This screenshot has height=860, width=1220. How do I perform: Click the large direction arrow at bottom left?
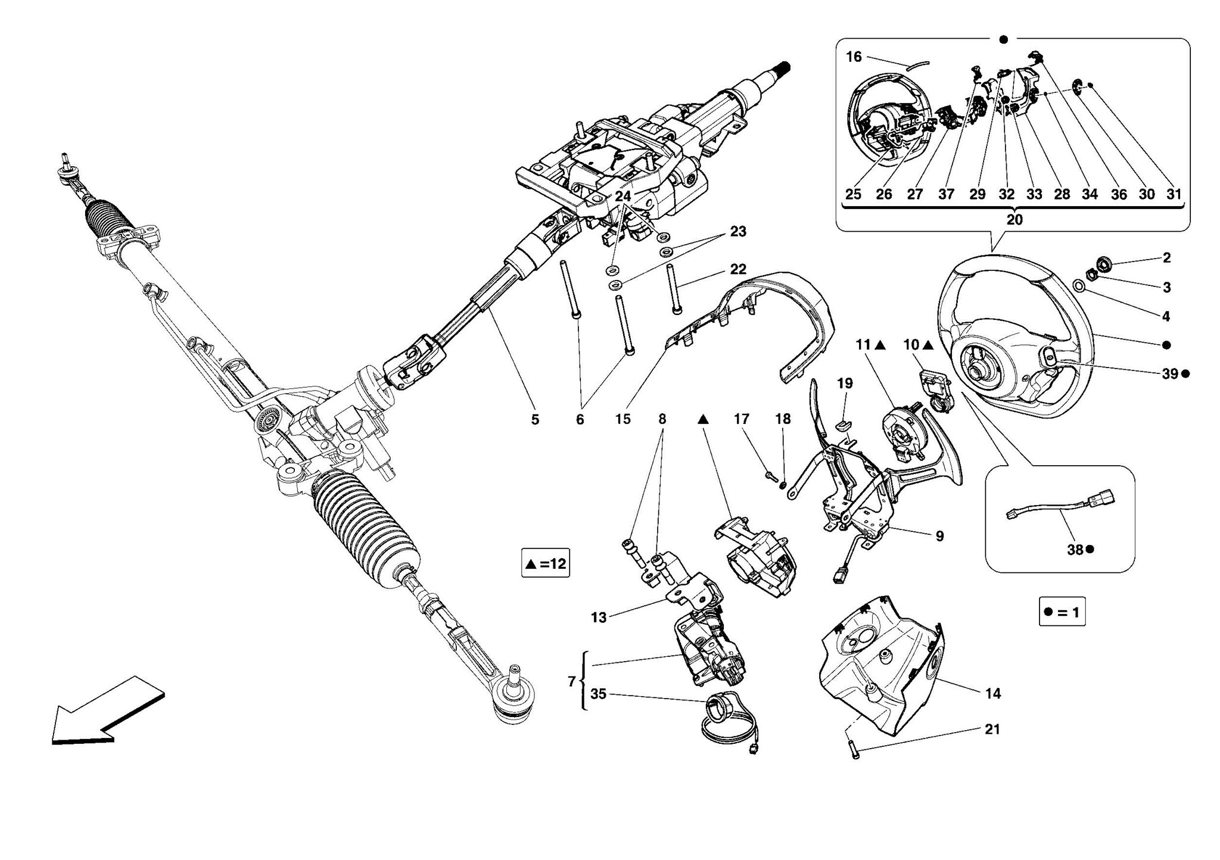104,712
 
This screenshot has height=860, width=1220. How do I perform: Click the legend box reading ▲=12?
545,563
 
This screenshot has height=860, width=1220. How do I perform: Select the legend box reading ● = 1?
1062,612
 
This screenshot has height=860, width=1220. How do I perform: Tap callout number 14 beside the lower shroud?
993,693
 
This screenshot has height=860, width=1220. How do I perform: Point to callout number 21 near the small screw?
992,729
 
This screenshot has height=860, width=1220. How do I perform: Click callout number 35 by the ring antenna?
598,694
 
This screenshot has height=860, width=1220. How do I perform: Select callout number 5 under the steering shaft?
535,419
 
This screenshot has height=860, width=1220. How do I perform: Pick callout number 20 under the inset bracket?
1014,220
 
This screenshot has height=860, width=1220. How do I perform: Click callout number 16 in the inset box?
853,57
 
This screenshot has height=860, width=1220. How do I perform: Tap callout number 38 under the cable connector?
1075,550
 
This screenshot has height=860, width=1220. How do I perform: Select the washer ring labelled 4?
1079,286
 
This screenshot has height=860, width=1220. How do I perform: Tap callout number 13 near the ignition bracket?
598,618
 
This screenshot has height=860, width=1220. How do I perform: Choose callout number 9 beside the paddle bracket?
939,536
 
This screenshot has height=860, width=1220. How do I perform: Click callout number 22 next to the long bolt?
738,269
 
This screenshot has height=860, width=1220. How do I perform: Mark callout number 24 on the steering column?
623,196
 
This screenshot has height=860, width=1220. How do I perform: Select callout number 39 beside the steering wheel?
1170,373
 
